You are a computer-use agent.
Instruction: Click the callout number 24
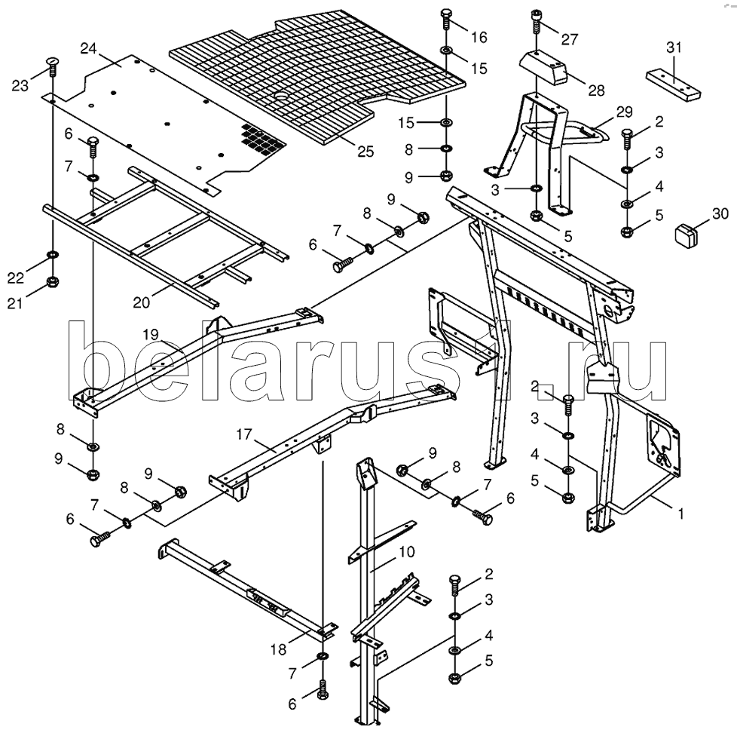(x=88, y=48)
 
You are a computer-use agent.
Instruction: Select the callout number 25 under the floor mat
(x=365, y=151)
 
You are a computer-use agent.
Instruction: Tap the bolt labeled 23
(x=53, y=68)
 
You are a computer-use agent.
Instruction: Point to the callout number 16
(x=479, y=37)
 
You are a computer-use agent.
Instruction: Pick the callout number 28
(x=597, y=90)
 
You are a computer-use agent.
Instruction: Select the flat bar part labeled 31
(x=673, y=84)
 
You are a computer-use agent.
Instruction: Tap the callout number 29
(x=625, y=112)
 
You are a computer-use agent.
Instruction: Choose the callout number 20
(x=142, y=302)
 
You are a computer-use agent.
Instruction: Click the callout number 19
(x=151, y=335)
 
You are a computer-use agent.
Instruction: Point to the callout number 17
(x=244, y=434)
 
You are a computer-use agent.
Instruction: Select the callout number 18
(x=278, y=649)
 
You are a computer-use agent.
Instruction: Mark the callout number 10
(x=407, y=551)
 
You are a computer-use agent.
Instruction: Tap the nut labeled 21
(x=53, y=282)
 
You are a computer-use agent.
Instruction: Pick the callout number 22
(x=16, y=278)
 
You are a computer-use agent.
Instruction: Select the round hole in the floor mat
(x=283, y=96)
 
